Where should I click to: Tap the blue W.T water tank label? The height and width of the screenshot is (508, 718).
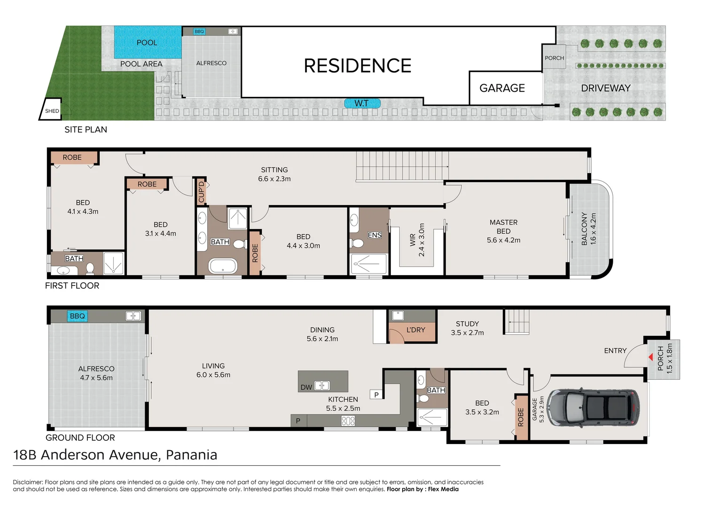tap(362, 103)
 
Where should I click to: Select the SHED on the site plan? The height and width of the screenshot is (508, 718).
tap(51, 110)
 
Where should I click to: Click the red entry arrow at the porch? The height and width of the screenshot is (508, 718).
tap(651, 357)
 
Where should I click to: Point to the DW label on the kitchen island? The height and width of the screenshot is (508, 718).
tap(306, 387)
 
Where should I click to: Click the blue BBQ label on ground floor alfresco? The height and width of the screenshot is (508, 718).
tap(77, 316)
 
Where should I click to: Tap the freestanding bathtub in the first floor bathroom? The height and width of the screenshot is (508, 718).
tap(223, 266)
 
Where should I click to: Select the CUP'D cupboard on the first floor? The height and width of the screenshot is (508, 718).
tap(201, 191)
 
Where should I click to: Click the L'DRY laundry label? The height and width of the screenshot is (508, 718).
tap(415, 330)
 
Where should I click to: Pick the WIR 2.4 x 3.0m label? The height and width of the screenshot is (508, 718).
tap(417, 240)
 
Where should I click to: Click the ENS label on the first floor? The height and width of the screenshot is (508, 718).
tap(375, 235)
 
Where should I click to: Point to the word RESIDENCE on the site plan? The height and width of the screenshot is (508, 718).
tap(358, 66)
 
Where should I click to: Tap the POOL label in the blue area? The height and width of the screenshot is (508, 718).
tap(147, 42)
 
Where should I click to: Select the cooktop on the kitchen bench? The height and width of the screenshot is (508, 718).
tap(348, 421)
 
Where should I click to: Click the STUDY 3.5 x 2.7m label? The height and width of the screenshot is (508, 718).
tap(467, 328)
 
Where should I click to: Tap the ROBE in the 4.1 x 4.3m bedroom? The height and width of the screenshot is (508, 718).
tap(73, 158)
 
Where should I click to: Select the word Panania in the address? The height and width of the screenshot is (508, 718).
tap(191, 455)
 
